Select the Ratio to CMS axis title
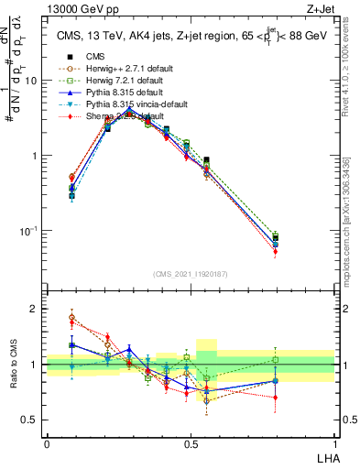(12, 365)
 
